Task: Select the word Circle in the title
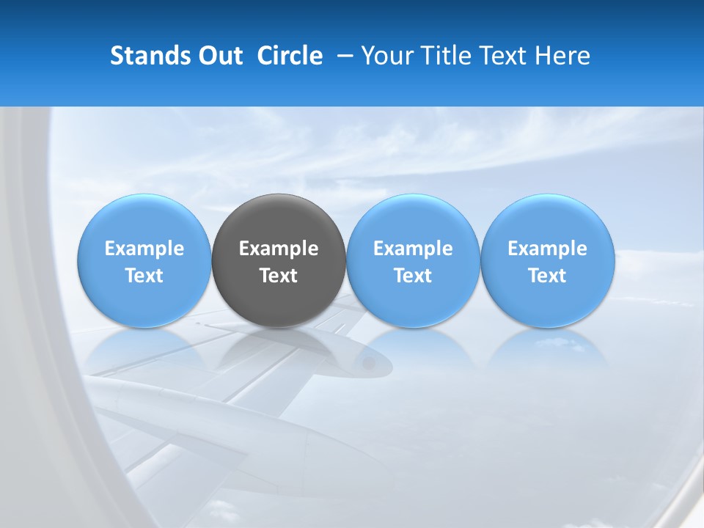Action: pyautogui.click(x=290, y=56)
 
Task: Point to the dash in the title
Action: pyautogui.click(x=342, y=56)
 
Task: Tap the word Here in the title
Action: pyautogui.click(x=563, y=56)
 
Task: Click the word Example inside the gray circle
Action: pyautogui.click(x=279, y=249)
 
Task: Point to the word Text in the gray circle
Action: pyautogui.click(x=279, y=276)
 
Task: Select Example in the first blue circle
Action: pyautogui.click(x=144, y=249)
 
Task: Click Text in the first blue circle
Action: pyautogui.click(x=144, y=276)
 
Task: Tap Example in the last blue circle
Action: pyautogui.click(x=547, y=249)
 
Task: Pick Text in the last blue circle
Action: pyautogui.click(x=547, y=276)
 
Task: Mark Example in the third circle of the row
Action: pyautogui.click(x=413, y=249)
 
